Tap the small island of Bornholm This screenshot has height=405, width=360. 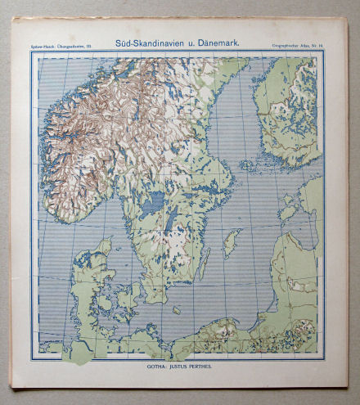[x=176, y=311]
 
